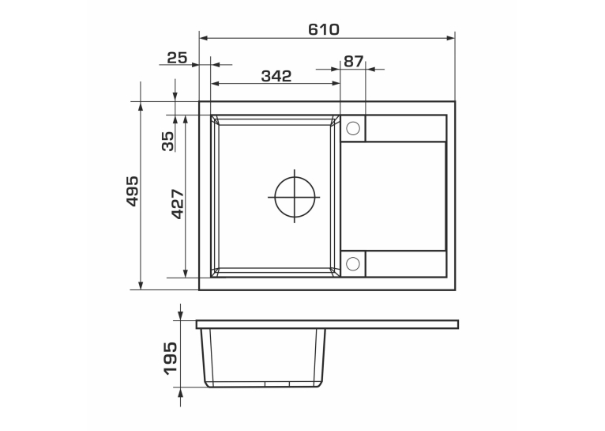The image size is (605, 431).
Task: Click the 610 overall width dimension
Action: pyautogui.click(x=324, y=29)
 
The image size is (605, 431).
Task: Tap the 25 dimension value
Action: pyautogui.click(x=177, y=58)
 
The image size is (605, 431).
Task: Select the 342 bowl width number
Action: pyautogui.click(x=276, y=76)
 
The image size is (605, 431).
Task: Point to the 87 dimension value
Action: pyautogui.click(x=353, y=62)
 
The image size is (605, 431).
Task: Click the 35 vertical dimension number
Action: pyautogui.click(x=168, y=142)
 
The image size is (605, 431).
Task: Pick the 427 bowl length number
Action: pyautogui.click(x=178, y=204)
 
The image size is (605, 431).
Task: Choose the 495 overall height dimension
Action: pyautogui.click(x=133, y=191)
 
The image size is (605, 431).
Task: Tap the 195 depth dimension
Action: pyautogui.click(x=170, y=358)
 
